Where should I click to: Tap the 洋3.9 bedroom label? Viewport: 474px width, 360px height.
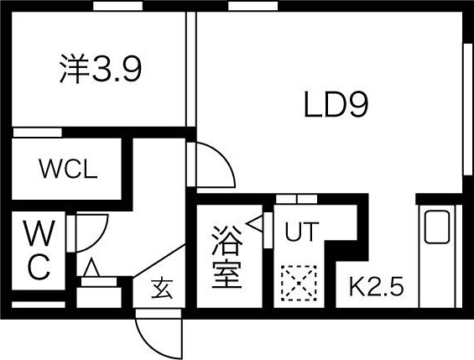tap(101, 70)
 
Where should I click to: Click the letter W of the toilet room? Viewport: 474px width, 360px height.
tap(39, 232)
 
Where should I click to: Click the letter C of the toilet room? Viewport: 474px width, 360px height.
tap(39, 268)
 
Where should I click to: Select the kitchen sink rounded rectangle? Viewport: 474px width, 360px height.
tap(437, 227)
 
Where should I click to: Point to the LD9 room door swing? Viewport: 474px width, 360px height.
tap(213, 164)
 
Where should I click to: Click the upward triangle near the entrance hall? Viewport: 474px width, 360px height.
tap(91, 269)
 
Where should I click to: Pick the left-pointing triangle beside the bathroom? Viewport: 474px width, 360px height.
tap(257, 226)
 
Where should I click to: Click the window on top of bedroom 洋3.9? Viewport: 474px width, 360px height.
tap(117, 7)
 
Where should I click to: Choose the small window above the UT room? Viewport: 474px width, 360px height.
tap(295, 199)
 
